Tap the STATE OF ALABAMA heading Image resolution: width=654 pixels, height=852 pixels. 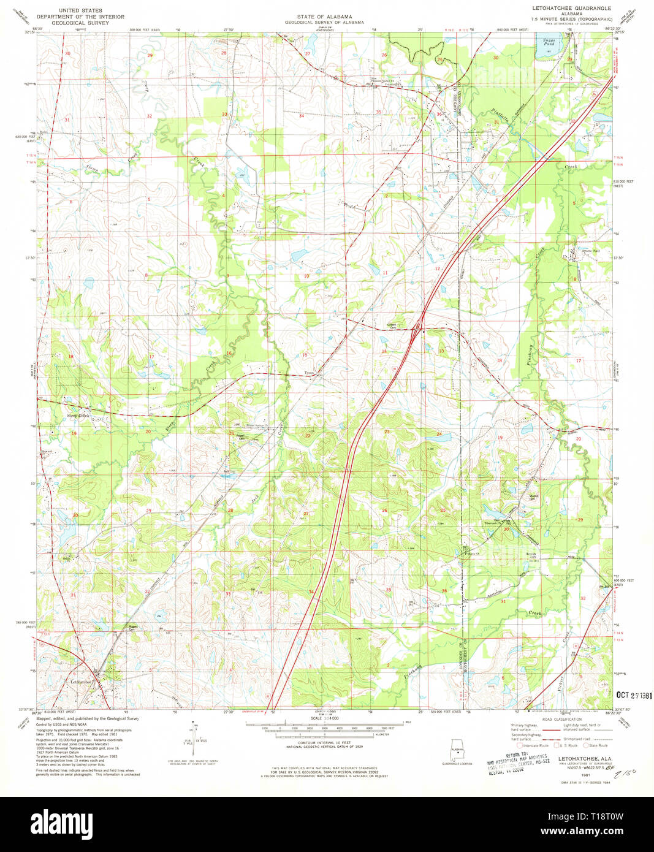(x=324, y=17)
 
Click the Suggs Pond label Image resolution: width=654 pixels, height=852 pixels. (x=549, y=42)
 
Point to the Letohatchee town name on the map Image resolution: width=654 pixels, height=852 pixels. (x=81, y=682)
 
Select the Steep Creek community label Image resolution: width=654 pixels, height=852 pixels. (x=78, y=416)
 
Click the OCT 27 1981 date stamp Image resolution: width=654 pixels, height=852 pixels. (x=634, y=696)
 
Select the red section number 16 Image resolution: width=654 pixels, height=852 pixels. (x=229, y=353)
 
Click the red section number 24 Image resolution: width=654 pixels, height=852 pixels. (x=438, y=434)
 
